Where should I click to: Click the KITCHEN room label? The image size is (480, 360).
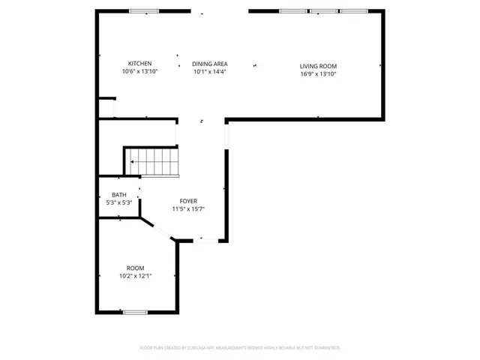click(140, 64)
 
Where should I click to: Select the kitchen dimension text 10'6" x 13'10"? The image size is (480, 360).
click(140, 72)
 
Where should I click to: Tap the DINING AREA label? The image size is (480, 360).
click(210, 64)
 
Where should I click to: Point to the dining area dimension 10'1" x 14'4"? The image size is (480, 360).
click(210, 72)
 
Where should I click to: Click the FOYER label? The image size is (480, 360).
click(188, 201)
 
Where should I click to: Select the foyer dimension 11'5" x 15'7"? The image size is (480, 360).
click(188, 209)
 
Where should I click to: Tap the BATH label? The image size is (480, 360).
click(119, 194)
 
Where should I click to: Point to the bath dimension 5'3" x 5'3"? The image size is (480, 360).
click(119, 202)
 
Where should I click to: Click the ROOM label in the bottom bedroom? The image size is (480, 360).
click(136, 268)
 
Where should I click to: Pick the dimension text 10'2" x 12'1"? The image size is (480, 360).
click(136, 276)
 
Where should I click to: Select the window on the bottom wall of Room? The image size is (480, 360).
click(135, 312)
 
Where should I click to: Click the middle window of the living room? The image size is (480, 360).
click(323, 11)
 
